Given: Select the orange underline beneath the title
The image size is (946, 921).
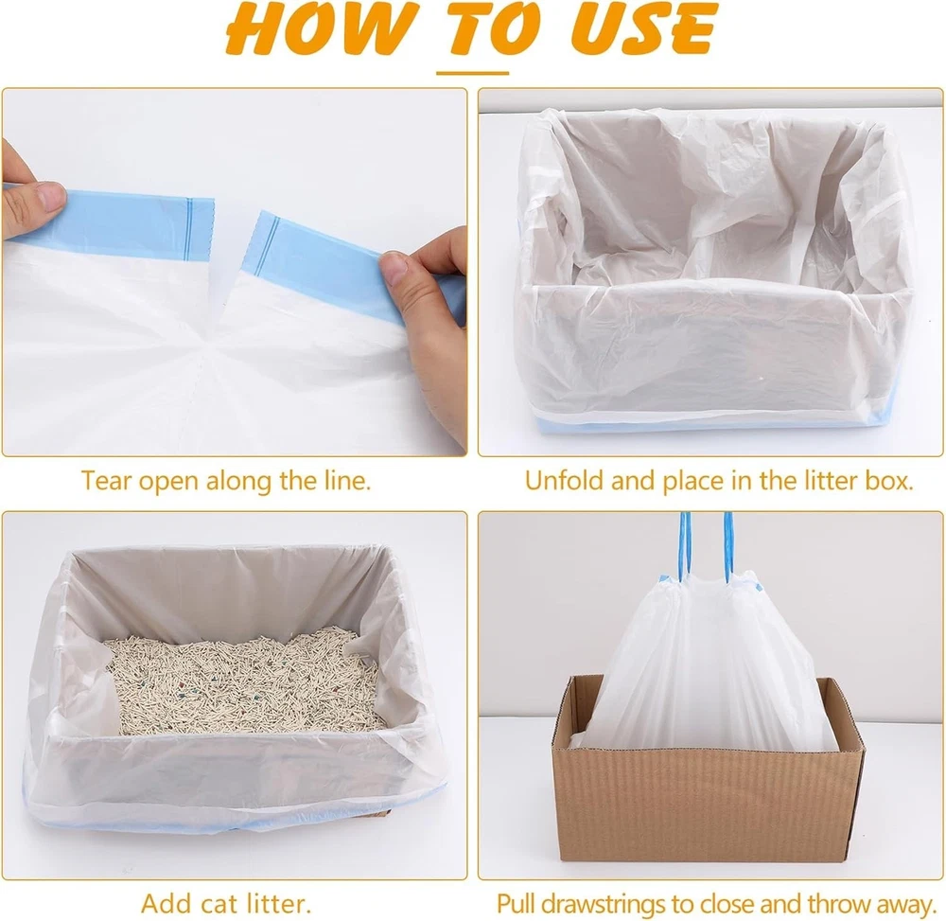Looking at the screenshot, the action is (x=472, y=73).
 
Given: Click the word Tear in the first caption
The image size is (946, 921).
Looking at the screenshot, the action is (x=106, y=481).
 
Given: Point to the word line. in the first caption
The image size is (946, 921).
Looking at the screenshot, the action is (x=344, y=481).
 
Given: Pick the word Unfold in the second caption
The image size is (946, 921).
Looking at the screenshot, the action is (x=565, y=481).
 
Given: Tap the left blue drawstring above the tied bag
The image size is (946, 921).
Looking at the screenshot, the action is (x=685, y=546).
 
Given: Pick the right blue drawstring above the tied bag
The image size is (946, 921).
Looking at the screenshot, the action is (x=728, y=547).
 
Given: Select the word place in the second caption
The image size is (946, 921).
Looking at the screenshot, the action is (x=692, y=481).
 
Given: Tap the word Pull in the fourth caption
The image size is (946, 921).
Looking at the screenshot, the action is (x=517, y=904).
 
